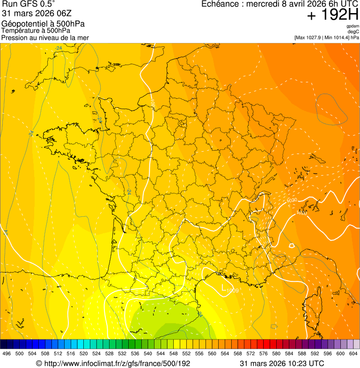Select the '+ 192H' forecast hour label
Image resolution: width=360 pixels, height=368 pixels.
[x=333, y=15]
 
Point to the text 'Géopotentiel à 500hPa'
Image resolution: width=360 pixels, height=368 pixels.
[x=43, y=24]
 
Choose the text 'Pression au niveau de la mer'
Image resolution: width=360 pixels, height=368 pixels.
[x=45, y=37]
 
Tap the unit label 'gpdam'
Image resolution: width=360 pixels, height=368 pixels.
[x=353, y=26]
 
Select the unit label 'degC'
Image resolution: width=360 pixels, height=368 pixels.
[x=353, y=31]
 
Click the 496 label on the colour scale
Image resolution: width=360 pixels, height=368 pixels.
[x=7, y=353]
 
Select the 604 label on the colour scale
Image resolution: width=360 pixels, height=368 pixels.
[x=353, y=353]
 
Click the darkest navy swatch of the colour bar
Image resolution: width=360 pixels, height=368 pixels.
[x=4, y=344]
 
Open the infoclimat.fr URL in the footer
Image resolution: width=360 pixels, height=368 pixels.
[x=117, y=363]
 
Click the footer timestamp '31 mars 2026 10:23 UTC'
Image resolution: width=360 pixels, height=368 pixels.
[x=282, y=363]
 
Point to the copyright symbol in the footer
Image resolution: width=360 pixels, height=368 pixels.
[x=39, y=363]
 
